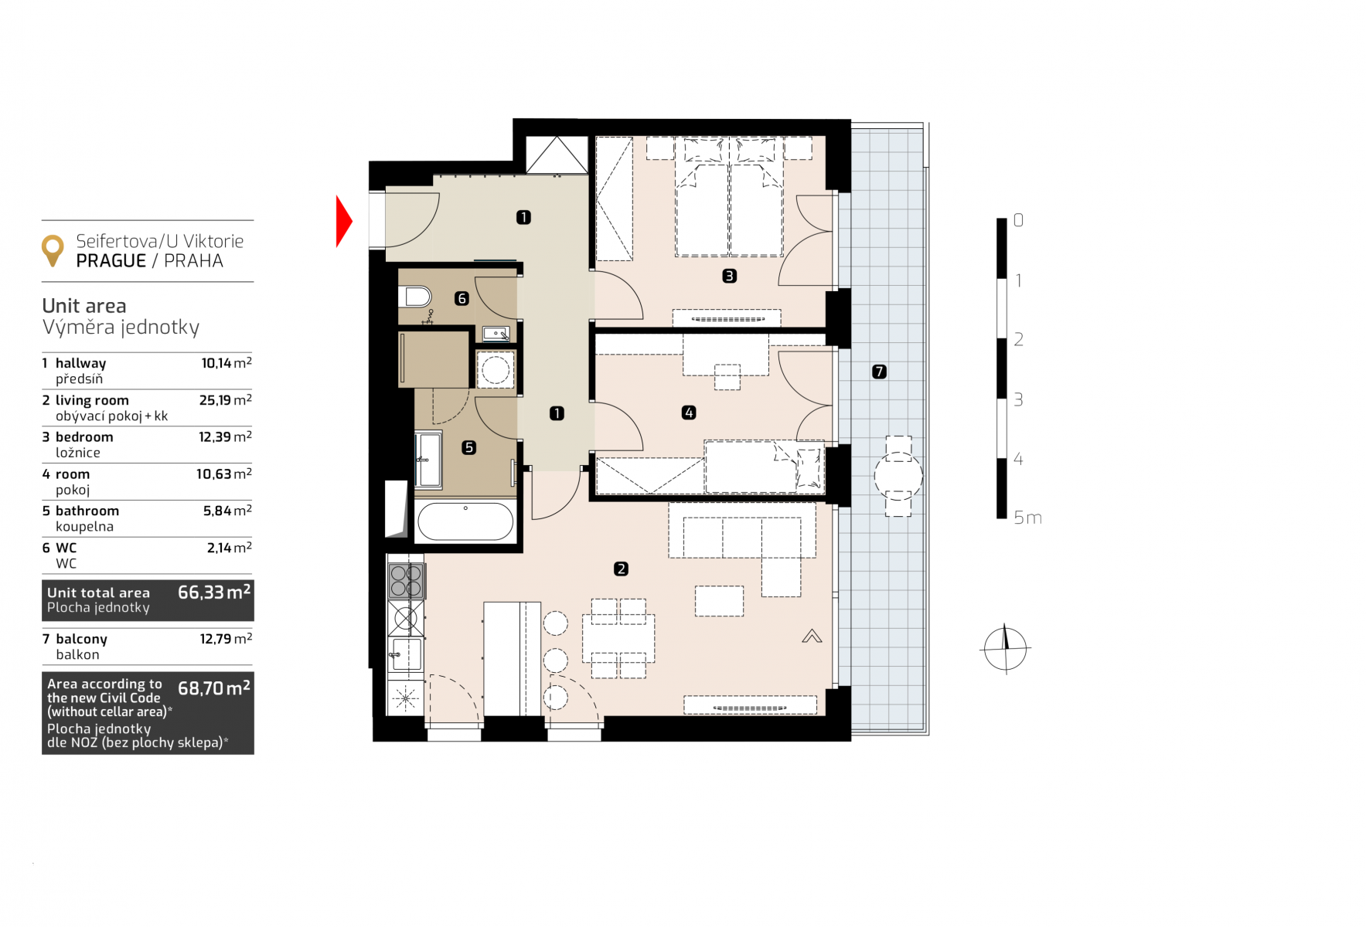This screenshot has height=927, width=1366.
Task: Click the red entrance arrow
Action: [343, 222]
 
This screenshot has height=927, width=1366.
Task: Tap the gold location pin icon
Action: [53, 250]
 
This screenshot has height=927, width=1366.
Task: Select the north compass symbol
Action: [1005, 648]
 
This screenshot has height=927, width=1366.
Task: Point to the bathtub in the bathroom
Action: [465, 521]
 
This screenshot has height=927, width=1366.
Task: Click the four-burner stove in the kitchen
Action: [406, 580]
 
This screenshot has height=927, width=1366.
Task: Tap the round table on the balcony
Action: [898, 476]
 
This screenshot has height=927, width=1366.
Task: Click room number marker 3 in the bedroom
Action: [729, 276]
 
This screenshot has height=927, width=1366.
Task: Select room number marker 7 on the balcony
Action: [879, 372]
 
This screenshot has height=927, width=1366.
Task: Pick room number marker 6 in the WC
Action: [462, 298]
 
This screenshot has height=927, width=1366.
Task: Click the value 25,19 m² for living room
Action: [226, 399]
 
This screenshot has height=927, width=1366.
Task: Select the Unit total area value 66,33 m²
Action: [214, 592]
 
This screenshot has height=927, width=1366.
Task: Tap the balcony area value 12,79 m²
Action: [226, 638]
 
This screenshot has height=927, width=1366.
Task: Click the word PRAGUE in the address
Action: [111, 261]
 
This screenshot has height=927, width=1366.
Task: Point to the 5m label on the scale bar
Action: [1027, 518]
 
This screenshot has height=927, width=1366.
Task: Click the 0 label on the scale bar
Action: [1018, 220]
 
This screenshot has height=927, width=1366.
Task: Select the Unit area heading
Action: [84, 306]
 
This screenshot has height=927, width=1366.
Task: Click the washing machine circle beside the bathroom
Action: [495, 370]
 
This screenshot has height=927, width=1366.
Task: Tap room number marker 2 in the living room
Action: [621, 569]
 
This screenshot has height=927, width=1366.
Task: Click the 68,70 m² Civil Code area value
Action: [214, 688]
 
